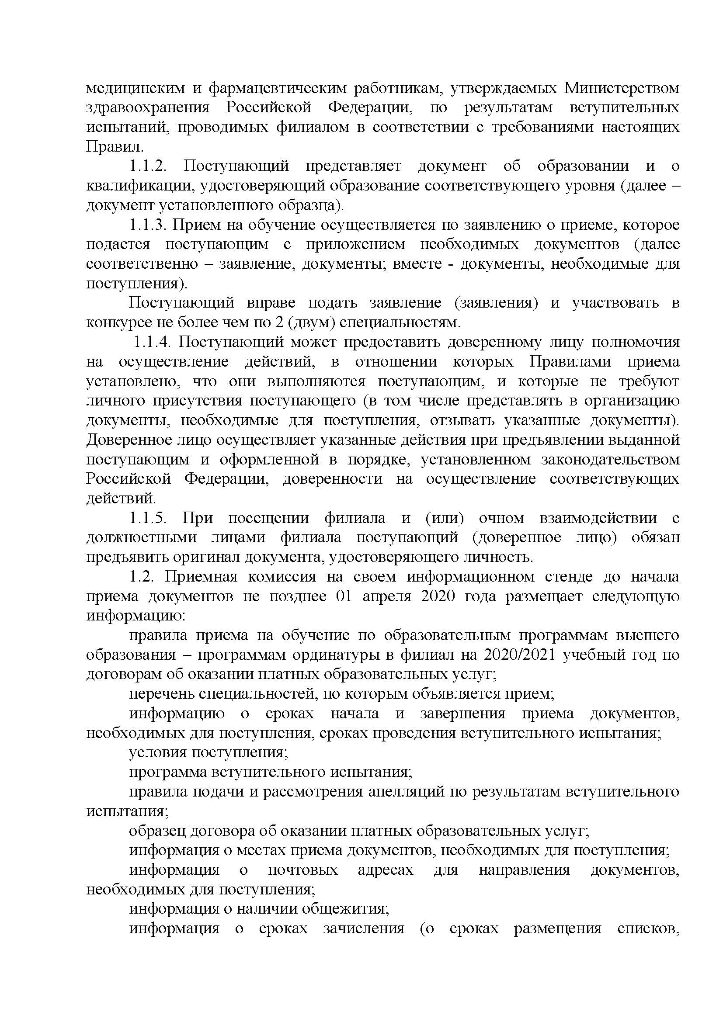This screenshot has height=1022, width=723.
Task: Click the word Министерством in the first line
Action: point(622,88)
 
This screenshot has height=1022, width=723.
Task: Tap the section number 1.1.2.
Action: point(148,166)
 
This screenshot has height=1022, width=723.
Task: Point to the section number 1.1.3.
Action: point(148,225)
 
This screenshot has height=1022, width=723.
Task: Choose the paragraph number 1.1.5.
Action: point(148,518)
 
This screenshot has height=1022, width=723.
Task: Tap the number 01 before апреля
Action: point(344,596)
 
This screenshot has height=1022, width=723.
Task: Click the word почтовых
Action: point(303,870)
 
